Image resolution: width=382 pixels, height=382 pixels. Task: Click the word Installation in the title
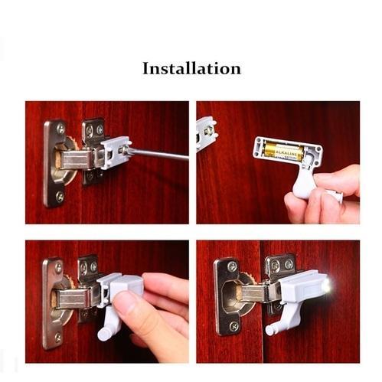pos(191,68)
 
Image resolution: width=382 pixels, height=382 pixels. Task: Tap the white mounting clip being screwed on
pos(115,152)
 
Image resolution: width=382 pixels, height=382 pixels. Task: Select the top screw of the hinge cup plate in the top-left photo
pos(60,129)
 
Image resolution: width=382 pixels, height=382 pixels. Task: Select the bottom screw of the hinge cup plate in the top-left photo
pos(59,197)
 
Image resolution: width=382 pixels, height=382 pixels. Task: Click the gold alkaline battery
pos(283,152)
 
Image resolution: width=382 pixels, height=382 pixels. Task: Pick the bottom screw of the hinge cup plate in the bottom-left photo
pos(58,335)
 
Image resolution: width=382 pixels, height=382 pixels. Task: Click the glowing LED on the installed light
pos(327,286)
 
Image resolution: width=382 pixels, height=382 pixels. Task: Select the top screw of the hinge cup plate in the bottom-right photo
pos(232,266)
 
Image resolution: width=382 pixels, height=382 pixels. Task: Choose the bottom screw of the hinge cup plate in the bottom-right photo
pos(230,328)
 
